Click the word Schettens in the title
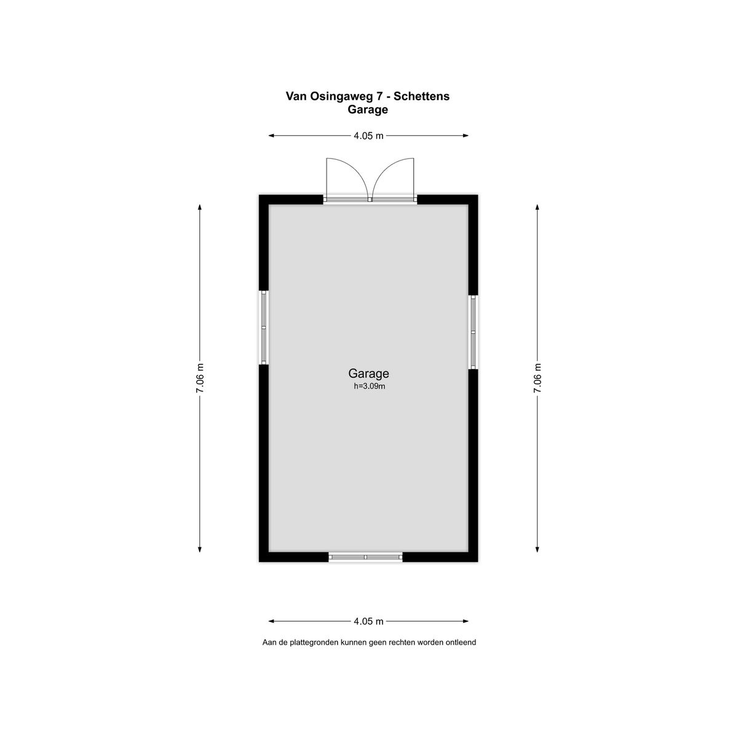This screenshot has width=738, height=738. coord(421,96)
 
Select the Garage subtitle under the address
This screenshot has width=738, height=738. coord(368,110)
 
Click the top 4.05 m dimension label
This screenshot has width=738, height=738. coord(368,135)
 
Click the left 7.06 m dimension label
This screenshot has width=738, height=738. coord(199,378)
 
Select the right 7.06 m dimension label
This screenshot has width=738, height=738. coord(538,378)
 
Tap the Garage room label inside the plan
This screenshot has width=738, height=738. coord(368,373)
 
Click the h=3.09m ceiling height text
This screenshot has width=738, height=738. coord(369,386)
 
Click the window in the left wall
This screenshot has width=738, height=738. coord(263,327)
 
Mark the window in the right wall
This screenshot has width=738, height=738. coord(474,332)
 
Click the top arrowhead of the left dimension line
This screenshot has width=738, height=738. coord(199,208)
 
